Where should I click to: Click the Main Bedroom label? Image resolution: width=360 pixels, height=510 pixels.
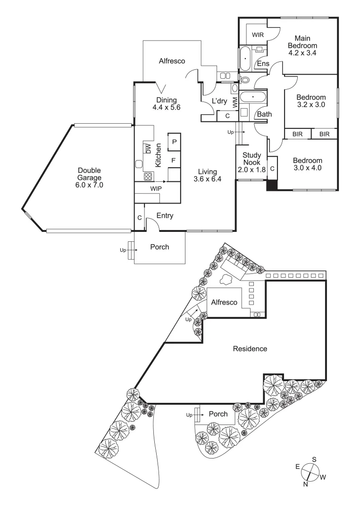tap(305, 45)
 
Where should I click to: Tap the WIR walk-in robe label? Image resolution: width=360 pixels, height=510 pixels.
tap(257, 35)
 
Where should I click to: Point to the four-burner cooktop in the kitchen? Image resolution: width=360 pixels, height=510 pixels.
tap(148, 177)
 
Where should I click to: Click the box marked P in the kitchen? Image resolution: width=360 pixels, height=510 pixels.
tap(174, 142)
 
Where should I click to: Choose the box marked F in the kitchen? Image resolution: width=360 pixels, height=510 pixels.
tap(174, 161)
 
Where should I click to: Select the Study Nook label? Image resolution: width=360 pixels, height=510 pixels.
tap(251, 162)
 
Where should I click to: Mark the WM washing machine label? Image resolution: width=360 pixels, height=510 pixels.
tap(234, 102)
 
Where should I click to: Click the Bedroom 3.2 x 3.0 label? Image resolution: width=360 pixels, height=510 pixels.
tap(310, 101)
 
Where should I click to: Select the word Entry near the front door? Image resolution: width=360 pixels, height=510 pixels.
tap(164, 216)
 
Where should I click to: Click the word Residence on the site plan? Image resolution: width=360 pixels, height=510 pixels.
tap(250, 349)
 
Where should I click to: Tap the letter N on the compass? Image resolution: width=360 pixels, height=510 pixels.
tap(306, 484)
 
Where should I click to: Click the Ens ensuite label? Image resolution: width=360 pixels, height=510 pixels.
tap(262, 64)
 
